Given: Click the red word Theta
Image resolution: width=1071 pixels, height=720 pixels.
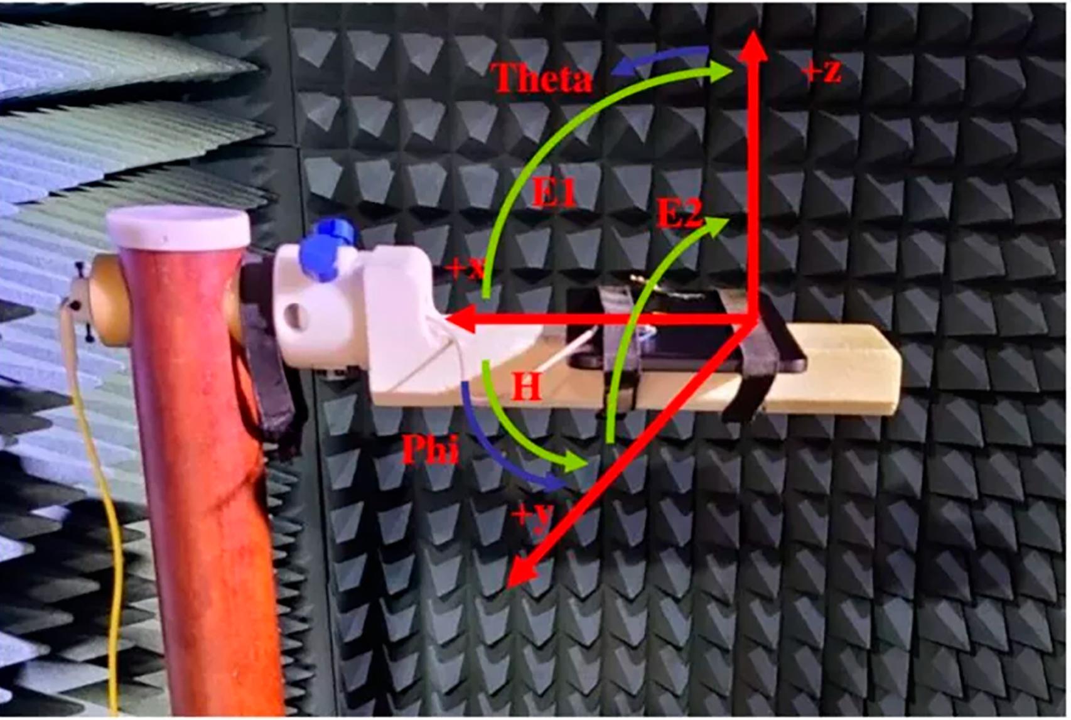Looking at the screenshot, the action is tap(542, 78).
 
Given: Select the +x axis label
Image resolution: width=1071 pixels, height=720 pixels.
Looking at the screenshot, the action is tap(465, 269).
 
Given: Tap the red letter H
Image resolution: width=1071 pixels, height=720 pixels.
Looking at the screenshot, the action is tap(527, 386).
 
